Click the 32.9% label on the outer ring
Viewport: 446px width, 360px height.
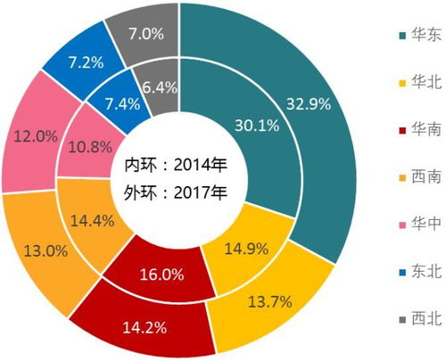click(x=307, y=104)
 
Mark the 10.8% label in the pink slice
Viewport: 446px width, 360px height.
click(x=87, y=143)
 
